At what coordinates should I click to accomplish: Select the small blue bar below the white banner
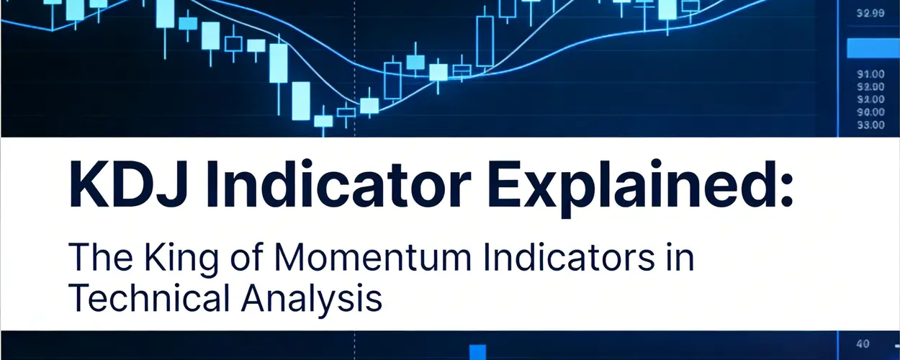coord(478,351)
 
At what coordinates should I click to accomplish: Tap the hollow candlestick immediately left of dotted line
coord(346,111)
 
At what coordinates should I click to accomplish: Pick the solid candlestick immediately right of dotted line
coord(369,105)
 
